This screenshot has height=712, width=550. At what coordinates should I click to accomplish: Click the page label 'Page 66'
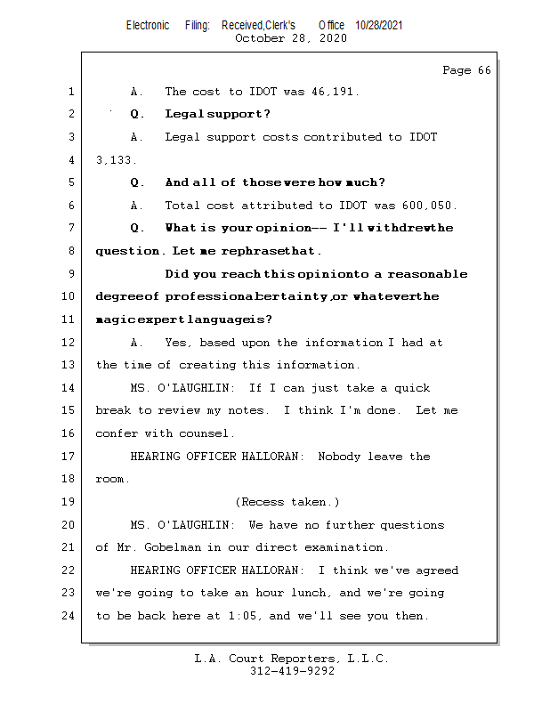coord(466,70)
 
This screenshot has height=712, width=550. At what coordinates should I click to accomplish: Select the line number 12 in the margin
coord(70,343)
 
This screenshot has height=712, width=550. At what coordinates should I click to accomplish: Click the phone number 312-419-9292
coord(292,672)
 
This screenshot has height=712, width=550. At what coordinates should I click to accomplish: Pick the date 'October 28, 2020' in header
coord(290,38)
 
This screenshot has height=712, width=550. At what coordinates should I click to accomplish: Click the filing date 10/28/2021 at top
coord(379,25)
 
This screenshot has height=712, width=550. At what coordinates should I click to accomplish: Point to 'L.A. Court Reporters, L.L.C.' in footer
coord(291,659)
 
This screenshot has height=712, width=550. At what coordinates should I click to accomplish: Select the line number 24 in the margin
coord(70,616)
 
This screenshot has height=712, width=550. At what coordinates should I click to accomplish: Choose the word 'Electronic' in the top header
coord(148,25)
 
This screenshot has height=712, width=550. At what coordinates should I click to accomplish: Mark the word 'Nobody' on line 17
coord(339,457)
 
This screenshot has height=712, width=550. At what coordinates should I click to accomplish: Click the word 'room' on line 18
coord(110,480)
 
